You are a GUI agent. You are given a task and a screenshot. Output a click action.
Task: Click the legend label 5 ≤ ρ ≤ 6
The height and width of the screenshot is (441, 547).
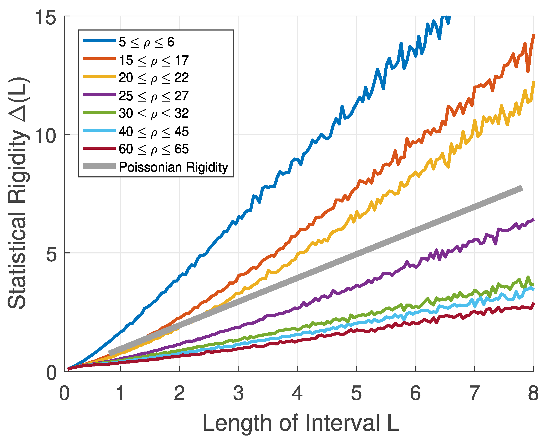coord(146,42)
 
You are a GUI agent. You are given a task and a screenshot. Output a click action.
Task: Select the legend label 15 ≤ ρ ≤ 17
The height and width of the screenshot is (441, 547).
coord(154,60)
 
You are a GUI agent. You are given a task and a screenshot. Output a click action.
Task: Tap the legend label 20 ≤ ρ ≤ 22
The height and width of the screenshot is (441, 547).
coord(154,78)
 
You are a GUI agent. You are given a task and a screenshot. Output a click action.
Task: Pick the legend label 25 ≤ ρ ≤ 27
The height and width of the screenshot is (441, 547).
coord(154,96)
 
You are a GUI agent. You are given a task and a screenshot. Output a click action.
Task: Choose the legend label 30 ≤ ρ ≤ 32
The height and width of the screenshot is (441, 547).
coord(154,113)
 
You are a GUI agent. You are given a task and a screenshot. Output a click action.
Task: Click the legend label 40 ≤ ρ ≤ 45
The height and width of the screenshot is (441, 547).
coord(154,132)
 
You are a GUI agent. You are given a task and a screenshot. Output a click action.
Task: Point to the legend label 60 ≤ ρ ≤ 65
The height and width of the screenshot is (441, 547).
coord(154,149)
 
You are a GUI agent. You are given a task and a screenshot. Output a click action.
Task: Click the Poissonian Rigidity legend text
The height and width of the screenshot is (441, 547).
coord(173,167)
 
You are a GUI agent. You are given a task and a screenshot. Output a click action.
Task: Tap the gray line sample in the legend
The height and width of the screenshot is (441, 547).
coord(99,166)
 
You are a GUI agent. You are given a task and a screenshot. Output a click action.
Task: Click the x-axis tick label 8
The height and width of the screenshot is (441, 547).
coord(533,393)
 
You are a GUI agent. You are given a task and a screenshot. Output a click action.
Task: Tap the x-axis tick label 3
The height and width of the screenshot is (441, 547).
coord(238,393)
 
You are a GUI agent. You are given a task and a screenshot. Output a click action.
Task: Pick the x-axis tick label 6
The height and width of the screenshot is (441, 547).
coord(415,393)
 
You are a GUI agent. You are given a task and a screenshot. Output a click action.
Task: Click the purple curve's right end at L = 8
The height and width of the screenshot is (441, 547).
coord(533,220)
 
